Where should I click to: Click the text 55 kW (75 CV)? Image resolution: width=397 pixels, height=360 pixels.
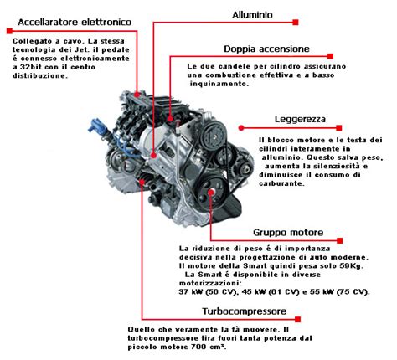pyautogui.click(x=335, y=292)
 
